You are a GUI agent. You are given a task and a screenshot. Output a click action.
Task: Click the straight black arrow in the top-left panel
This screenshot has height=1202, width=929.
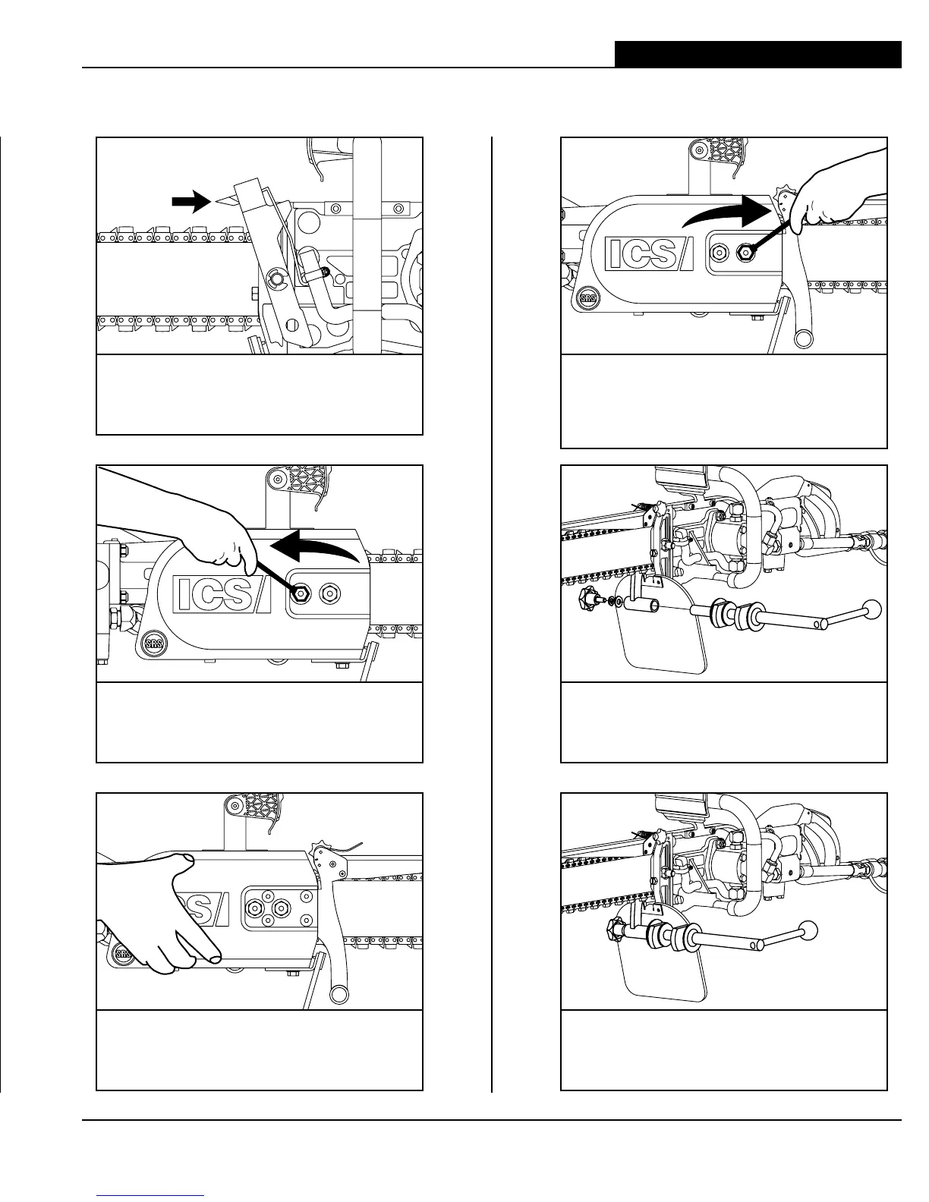click(x=190, y=201)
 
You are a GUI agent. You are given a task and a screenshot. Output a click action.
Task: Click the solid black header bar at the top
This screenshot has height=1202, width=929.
click(x=757, y=55)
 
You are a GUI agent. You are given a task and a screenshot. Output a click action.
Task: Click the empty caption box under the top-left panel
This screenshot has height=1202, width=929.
click(x=259, y=395)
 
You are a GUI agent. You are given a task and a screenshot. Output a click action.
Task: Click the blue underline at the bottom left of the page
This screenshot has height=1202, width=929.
click(x=151, y=1195)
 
